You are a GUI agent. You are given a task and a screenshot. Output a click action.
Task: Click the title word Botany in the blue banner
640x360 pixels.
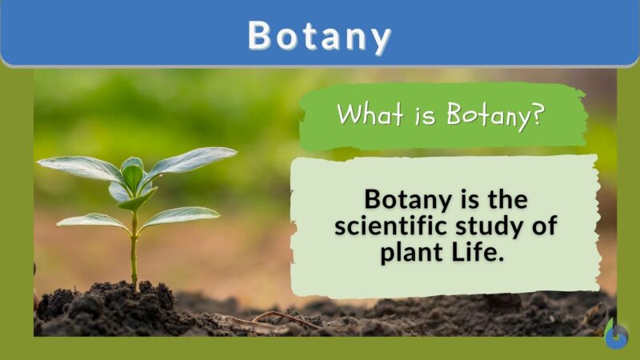point(319,36)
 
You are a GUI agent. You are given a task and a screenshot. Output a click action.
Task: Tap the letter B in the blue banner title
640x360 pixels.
point(261,36)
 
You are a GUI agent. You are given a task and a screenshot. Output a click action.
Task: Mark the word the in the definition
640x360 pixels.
point(504,199)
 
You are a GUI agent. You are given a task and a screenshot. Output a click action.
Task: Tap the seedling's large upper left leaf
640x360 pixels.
point(80,167)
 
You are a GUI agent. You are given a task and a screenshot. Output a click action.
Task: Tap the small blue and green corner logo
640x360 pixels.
point(615,336)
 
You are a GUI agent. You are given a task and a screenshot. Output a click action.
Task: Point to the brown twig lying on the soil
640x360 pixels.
point(272,320)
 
